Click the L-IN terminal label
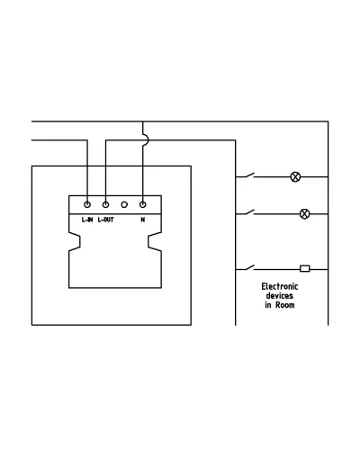(x=87, y=220)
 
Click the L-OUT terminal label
(x=105, y=220)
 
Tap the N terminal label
(x=143, y=220)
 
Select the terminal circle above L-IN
(x=87, y=204)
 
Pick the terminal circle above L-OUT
(x=105, y=204)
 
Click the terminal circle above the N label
(x=143, y=204)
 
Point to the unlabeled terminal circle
(x=124, y=204)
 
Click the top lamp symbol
(x=295, y=176)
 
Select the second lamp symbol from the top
(x=304, y=214)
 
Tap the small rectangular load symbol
(x=305, y=268)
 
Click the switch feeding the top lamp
(x=249, y=175)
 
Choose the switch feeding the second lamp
(x=249, y=212)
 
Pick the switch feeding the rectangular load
(x=249, y=267)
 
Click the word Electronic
(x=280, y=286)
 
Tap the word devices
(x=280, y=296)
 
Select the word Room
(x=285, y=305)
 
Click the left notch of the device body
(x=75, y=241)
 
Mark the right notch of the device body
(x=155, y=241)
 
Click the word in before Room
(x=268, y=305)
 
